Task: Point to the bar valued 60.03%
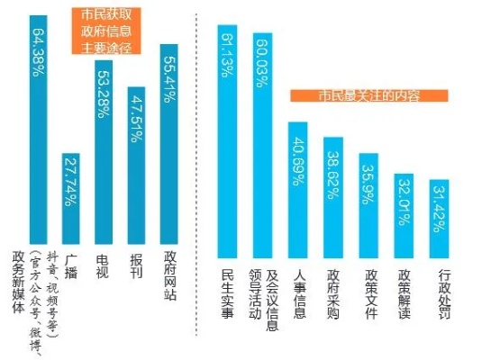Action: point(262,135)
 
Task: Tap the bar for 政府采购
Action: point(332,188)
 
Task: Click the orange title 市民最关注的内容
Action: point(356,94)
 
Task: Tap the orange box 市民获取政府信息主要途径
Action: point(105,29)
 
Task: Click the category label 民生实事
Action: point(227,292)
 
